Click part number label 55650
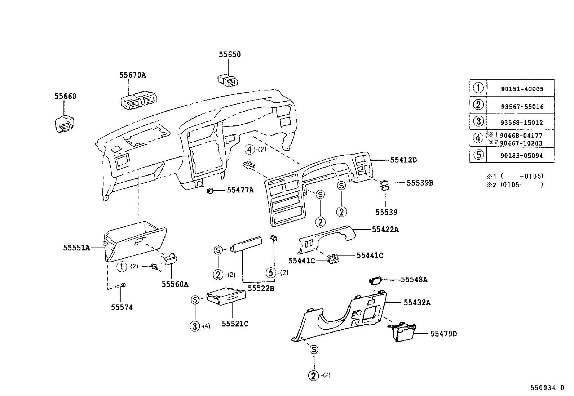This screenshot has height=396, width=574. click(230, 54)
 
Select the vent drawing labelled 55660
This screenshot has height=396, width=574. click(64, 125)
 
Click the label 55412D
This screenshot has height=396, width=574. click(403, 160)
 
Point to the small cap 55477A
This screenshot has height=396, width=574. click(210, 190)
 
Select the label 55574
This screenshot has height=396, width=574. click(122, 307)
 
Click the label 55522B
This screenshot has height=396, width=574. click(261, 288)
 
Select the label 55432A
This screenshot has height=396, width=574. click(417, 303)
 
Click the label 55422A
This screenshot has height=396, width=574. click(385, 230)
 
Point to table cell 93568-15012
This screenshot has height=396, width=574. click(521, 123)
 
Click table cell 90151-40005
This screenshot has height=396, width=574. click(522, 89)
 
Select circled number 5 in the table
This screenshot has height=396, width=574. click(478, 155)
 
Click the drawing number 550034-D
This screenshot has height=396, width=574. click(547, 388)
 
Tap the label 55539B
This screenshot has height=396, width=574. click(420, 183)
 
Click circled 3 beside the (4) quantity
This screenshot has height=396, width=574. click(195, 326)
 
